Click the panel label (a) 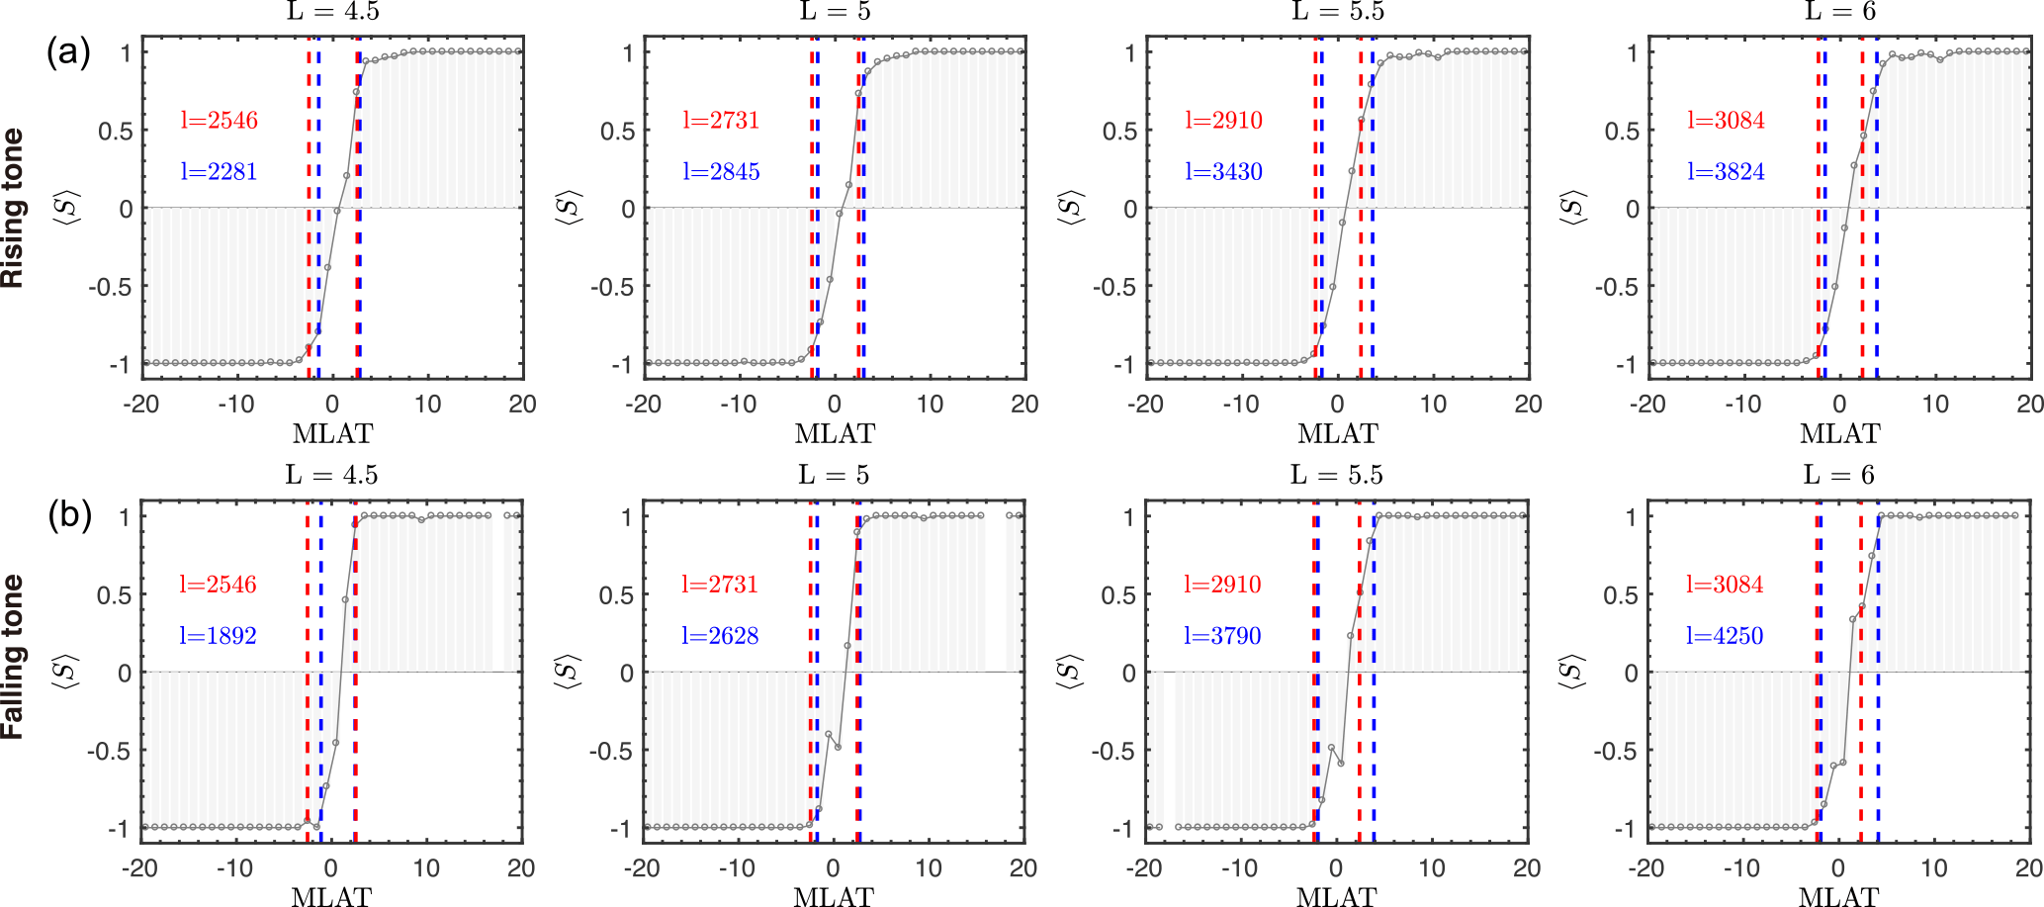(x=68, y=51)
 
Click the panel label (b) (x=69, y=515)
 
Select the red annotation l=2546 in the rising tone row (x=219, y=121)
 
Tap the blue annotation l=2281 (x=219, y=172)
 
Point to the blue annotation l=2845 (x=721, y=172)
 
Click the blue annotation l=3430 (x=1223, y=172)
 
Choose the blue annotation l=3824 (x=1726, y=172)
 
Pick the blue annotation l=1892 (x=218, y=636)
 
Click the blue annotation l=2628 (x=720, y=636)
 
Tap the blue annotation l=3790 (x=1222, y=636)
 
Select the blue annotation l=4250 (x=1725, y=636)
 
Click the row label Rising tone (x=13, y=208)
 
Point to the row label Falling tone (x=13, y=657)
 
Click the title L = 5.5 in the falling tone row (x=1337, y=476)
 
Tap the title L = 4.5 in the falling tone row (x=331, y=476)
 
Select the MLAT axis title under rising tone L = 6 (x=1839, y=433)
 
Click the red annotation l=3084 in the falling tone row (x=1725, y=585)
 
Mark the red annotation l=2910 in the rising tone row (x=1223, y=121)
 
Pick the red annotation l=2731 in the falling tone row (x=720, y=585)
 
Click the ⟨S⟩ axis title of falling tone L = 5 (x=566, y=672)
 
